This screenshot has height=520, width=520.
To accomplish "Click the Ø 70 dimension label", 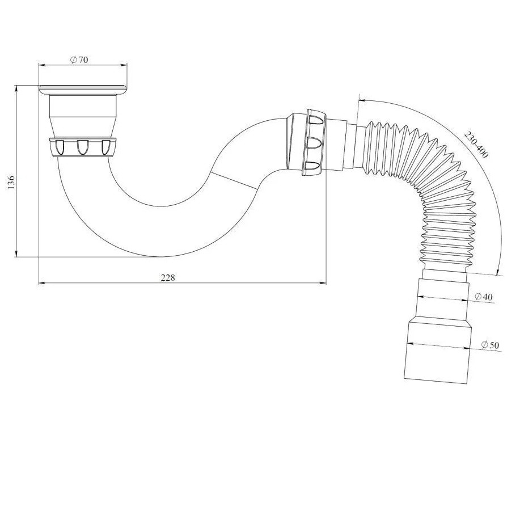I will click(x=79, y=61).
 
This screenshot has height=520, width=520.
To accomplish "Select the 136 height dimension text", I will click(x=12, y=183).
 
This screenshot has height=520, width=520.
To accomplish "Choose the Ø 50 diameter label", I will click(x=489, y=345).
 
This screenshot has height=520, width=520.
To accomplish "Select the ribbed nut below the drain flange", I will click(x=83, y=147).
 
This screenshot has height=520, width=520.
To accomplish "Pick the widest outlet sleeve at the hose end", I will click(x=437, y=352).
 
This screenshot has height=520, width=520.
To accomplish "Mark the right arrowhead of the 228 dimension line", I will click(x=324, y=282).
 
